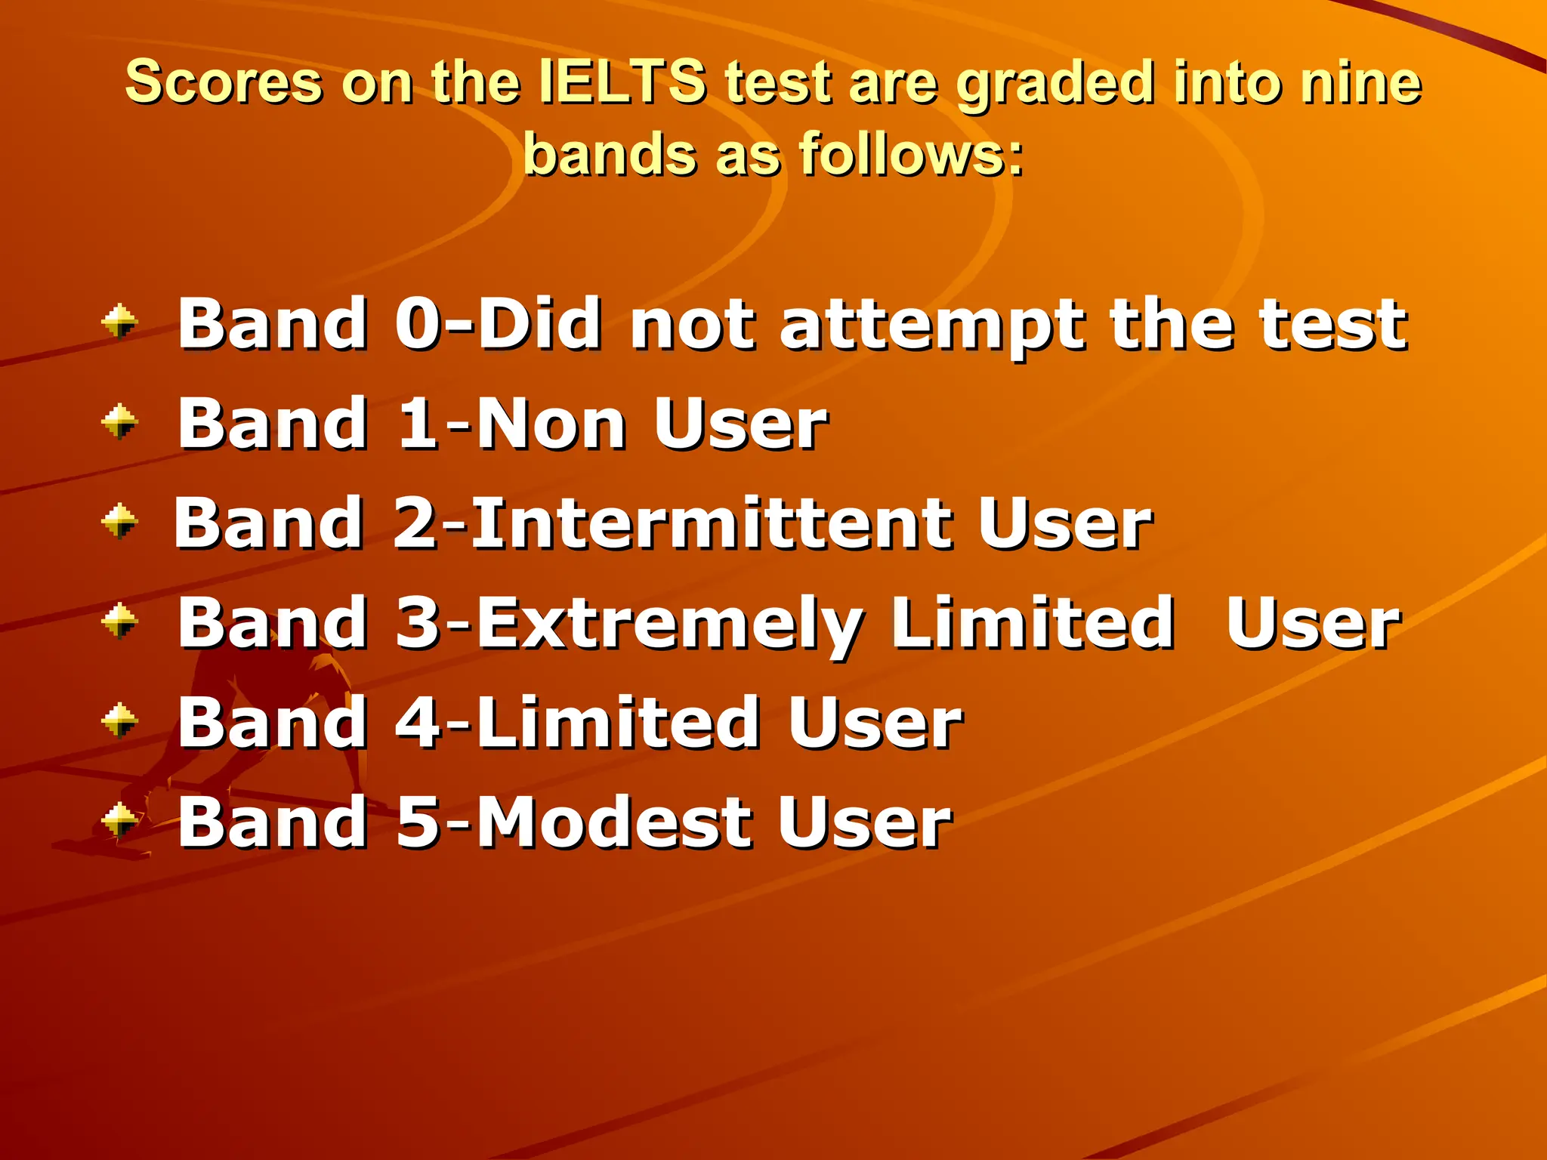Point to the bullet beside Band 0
(119, 322)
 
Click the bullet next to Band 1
(119, 421)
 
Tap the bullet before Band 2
(119, 521)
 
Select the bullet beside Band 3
(119, 621)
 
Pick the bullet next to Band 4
(119, 720)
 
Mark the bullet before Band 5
(119, 820)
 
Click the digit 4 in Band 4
(418, 723)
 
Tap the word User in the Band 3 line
(1313, 624)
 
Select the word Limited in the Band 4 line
(618, 723)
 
